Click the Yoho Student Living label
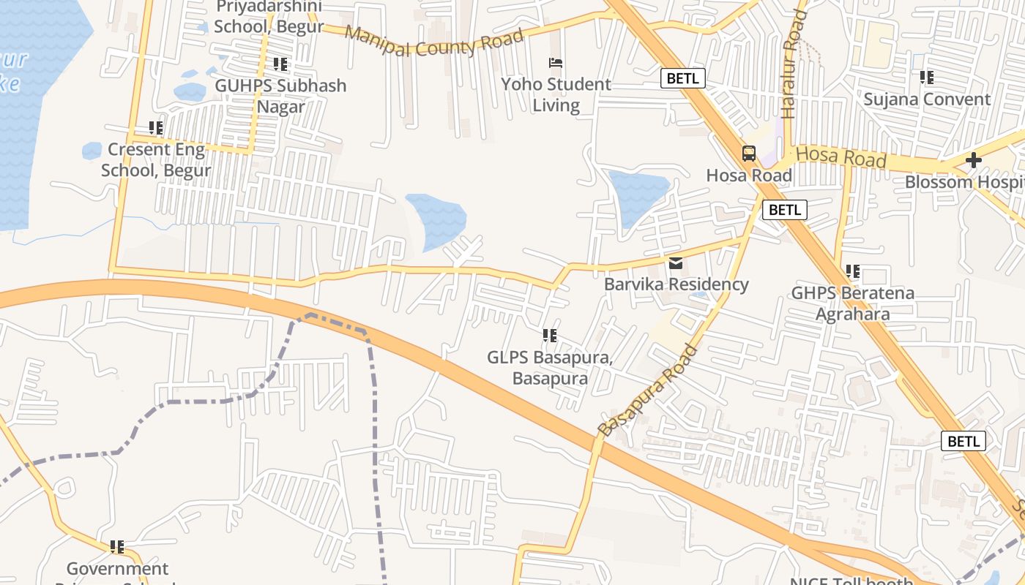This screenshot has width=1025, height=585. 556,94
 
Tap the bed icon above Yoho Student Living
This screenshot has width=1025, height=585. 556,63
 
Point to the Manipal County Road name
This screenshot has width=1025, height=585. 434,42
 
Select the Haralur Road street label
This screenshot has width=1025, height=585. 793,64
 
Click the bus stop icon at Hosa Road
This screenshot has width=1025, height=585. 748,154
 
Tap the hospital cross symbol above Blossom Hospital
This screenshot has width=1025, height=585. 973,160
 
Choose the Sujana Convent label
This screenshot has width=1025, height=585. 927,99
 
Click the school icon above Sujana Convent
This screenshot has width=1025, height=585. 927,77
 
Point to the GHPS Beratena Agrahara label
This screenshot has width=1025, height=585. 853,303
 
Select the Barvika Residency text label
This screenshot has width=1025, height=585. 676,284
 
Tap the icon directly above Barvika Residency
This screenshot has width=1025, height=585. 675,263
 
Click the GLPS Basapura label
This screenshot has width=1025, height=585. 550,368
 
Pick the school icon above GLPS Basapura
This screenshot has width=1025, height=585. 550,336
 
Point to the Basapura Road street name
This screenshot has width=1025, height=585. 648,391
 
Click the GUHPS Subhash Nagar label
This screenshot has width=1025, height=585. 280,96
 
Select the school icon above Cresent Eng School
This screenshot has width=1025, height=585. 156,128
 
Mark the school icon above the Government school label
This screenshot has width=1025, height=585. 117,546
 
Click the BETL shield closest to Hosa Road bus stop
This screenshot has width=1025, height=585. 784,210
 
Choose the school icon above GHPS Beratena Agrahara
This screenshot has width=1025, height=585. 853,271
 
